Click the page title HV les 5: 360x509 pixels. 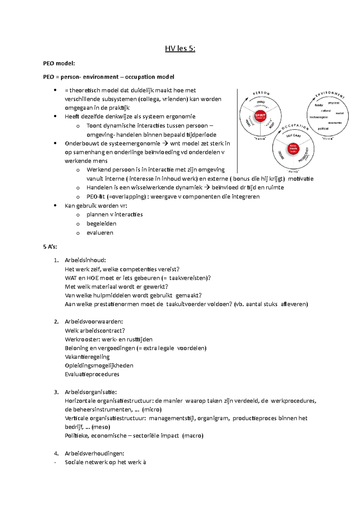tap(180, 49)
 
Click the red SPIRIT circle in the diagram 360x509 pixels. tap(260, 116)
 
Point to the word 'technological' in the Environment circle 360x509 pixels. tap(319, 118)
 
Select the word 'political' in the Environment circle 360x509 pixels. tap(323, 129)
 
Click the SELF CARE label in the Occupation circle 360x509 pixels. tap(293, 136)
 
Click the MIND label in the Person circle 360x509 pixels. tap(260, 102)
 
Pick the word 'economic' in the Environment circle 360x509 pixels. tap(335, 123)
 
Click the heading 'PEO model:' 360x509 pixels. tap(59, 63)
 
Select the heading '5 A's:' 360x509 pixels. tap(50, 247)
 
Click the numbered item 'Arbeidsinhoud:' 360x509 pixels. tap(85, 260)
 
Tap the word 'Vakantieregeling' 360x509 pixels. tap(87, 357)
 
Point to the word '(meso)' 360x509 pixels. tap(101, 427)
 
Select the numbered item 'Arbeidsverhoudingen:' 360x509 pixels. tap(94, 453)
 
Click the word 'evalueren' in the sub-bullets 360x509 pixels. tap(100, 233)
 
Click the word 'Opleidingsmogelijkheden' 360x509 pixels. tap(99, 365)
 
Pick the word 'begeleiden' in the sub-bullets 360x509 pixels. tap(101, 224)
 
